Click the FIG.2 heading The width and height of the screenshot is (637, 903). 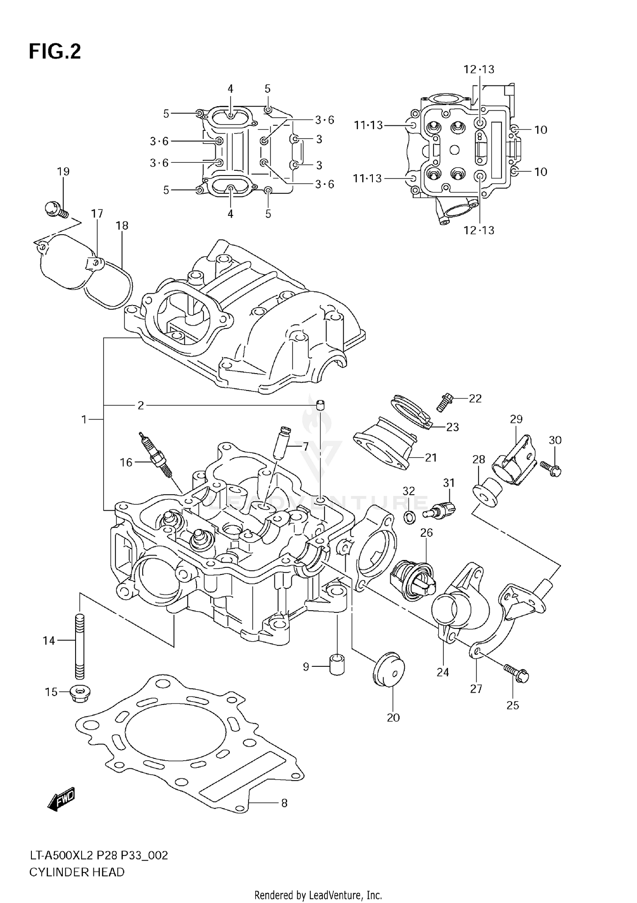click(x=54, y=52)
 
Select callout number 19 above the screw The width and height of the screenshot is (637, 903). click(x=63, y=172)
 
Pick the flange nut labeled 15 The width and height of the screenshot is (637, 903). click(x=78, y=693)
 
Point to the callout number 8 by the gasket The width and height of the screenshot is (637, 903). click(x=284, y=803)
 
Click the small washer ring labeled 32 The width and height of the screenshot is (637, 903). click(x=409, y=518)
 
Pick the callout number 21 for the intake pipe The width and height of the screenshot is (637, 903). click(x=431, y=458)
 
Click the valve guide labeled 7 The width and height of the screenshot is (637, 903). click(x=282, y=443)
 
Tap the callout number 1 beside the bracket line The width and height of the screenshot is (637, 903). click(x=84, y=420)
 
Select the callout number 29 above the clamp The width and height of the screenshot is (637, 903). click(x=516, y=419)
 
